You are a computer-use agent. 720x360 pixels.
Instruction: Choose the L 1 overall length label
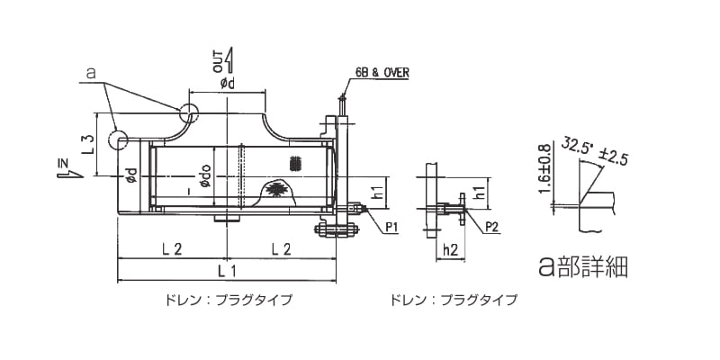228,270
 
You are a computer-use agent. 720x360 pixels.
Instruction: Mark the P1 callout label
391,228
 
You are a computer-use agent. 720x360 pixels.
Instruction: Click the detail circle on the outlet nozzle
188,112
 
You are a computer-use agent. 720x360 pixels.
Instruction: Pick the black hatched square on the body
292,163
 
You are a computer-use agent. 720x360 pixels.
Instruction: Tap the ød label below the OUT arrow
227,84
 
